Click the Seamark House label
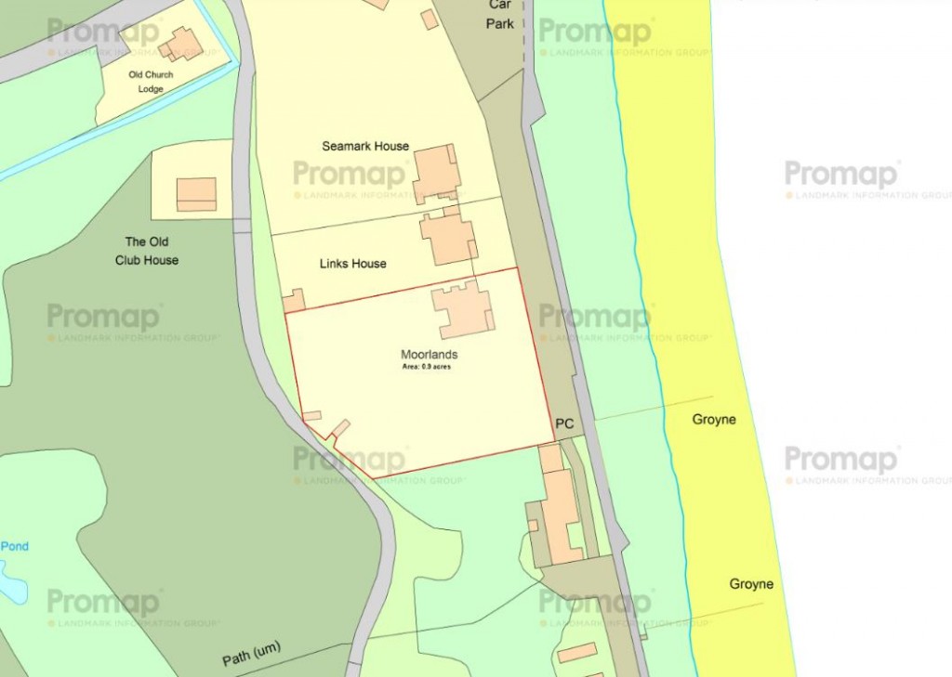pos(365,147)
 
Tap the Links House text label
pos(352,264)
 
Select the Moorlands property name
pos(429,355)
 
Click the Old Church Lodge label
pos(151,82)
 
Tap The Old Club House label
pos(147,251)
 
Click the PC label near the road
pos(563,423)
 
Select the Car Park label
pos(500,14)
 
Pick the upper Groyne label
pos(713,420)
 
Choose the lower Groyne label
pos(750,585)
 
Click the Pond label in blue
pos(15,546)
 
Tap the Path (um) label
pos(251,654)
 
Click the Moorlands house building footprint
pos(462,309)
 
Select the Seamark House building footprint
pos(436,173)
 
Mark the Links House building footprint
pos(449,238)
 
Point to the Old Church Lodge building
pos(180,44)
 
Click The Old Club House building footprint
pos(196,193)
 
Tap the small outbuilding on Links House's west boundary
pos(295,301)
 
